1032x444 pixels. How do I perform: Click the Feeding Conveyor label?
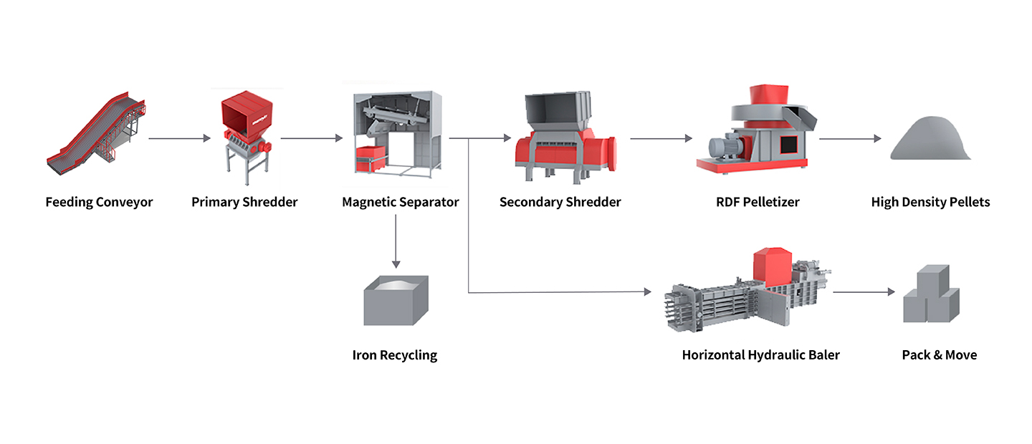pos(99,202)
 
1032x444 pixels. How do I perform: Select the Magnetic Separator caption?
pos(400,202)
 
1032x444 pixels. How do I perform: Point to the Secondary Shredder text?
pos(560,202)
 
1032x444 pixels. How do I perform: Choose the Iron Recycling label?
pos(394,354)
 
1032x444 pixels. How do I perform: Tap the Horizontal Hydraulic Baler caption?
pos(760,354)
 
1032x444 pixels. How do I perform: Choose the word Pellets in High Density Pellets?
pos(967,202)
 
